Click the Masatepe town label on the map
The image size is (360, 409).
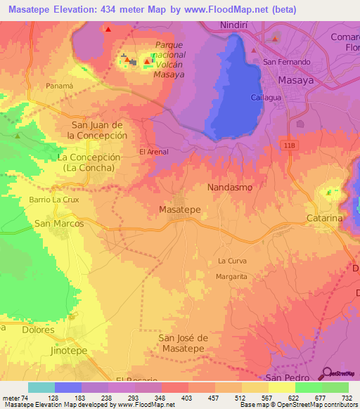point(180,209)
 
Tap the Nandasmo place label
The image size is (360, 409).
point(230,188)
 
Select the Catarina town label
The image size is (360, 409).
point(324,219)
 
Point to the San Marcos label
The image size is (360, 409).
point(59,223)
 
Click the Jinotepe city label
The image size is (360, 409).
point(52,349)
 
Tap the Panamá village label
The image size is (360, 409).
point(59,86)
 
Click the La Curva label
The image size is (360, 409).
point(232,261)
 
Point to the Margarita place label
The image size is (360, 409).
point(231,277)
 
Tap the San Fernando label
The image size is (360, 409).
point(287,62)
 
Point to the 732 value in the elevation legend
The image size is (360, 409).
point(346,398)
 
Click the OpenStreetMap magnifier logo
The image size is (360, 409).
point(327,373)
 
